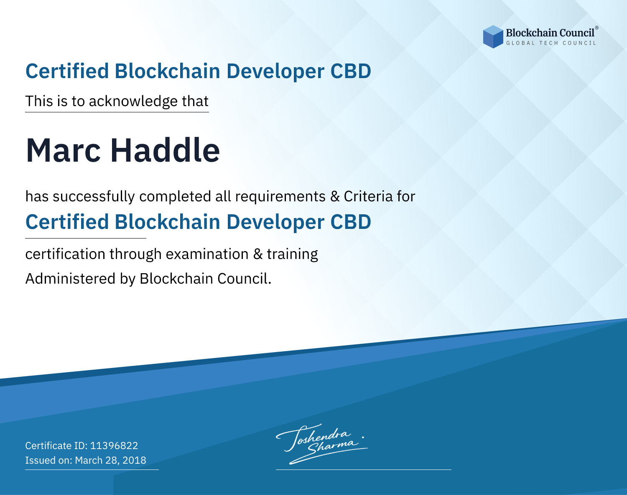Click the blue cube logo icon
tap(493, 37)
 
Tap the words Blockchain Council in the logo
tap(550, 33)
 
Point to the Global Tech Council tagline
tap(551, 43)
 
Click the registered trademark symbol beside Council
tap(597, 28)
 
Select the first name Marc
tap(63, 150)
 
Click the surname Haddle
tap(165, 150)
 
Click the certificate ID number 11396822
tap(114, 445)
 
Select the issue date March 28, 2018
tap(110, 460)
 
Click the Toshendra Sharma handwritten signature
tap(321, 444)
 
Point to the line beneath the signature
tap(363, 470)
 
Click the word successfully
tap(94, 197)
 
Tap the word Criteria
tap(368, 196)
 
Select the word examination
tap(207, 254)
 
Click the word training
tap(292, 254)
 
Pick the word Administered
tap(71, 279)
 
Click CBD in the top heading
tap(351, 71)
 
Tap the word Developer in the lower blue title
tap(275, 222)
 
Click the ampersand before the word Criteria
tap(335, 197)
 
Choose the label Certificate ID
tap(56, 445)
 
